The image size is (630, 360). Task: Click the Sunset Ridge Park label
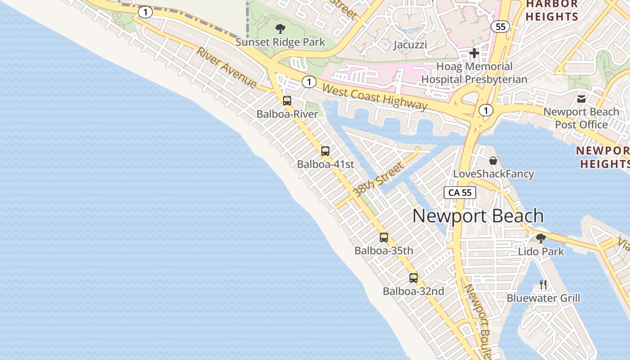(280, 42)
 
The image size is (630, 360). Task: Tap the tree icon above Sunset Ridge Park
(280, 29)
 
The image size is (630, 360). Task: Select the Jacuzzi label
(410, 45)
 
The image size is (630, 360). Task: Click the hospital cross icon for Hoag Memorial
(474, 54)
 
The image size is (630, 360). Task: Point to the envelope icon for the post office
(581, 98)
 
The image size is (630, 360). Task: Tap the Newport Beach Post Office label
(581, 118)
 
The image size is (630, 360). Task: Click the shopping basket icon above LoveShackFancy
(493, 161)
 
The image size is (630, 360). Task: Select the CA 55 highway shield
(460, 193)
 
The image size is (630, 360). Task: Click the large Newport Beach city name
(478, 216)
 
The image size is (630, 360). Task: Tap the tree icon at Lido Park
(541, 238)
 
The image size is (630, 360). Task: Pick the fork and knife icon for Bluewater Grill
(543, 284)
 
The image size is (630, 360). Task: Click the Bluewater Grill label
(543, 298)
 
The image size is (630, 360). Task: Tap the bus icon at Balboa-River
(287, 101)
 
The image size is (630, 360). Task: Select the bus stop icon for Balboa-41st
(325, 151)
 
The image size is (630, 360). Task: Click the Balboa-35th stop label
(384, 251)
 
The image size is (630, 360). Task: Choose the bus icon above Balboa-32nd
(414, 278)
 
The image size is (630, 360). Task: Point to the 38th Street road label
(378, 180)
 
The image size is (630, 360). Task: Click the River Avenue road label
(226, 67)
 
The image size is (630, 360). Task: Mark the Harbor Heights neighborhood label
(552, 10)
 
